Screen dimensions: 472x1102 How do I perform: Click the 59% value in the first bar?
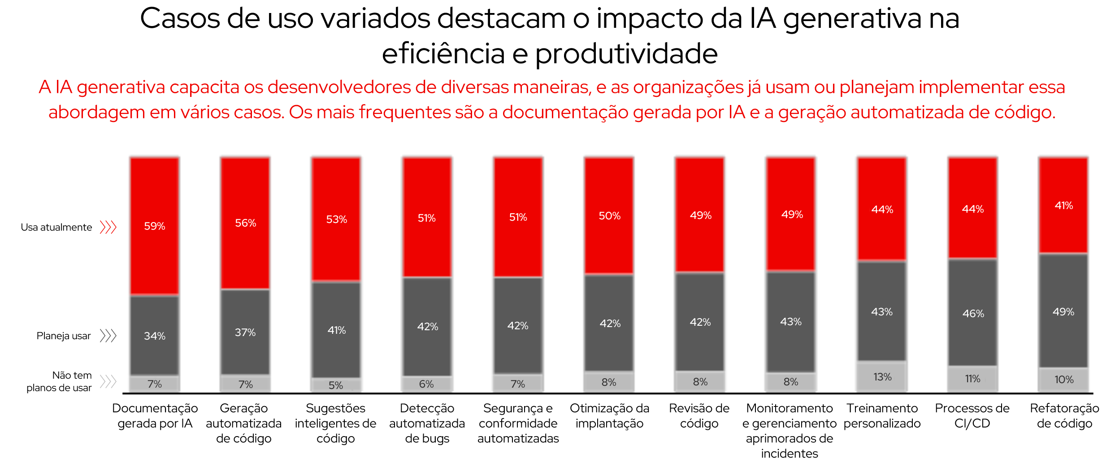[x=155, y=226]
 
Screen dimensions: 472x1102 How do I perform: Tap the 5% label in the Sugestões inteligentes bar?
[x=335, y=385]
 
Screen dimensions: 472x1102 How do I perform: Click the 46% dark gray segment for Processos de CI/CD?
[x=973, y=313]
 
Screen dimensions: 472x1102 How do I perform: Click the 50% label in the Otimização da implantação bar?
[x=609, y=216]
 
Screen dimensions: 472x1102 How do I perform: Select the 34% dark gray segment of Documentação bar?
[x=155, y=336]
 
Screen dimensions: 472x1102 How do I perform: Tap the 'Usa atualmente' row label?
[x=56, y=227]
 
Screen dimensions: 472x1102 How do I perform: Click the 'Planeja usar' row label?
[x=64, y=336]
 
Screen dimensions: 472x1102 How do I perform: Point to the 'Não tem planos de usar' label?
[x=59, y=381]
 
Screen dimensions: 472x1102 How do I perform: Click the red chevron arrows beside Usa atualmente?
[x=108, y=227]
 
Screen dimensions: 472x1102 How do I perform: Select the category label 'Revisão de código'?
[x=699, y=415]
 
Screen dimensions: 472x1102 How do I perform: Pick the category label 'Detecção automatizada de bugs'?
[x=427, y=423]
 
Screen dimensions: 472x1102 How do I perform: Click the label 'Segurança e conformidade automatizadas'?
[x=518, y=423]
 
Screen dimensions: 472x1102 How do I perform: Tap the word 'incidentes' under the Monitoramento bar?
[x=789, y=454]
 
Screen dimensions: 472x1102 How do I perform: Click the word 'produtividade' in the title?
[x=626, y=54]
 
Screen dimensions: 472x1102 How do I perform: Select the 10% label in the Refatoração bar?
[x=1063, y=380]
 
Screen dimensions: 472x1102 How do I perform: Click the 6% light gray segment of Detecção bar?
[x=426, y=384]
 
